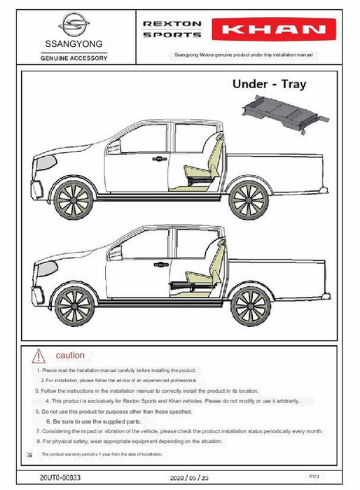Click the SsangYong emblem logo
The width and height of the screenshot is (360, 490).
click(74, 24)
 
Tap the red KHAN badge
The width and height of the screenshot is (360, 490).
click(274, 29)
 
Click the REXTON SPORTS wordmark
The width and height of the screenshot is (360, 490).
click(172, 29)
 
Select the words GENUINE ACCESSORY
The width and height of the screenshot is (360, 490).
click(74, 58)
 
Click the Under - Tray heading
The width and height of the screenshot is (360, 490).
click(269, 84)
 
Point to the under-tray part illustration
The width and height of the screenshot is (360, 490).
click(285, 113)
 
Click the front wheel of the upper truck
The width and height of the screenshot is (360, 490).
click(74, 199)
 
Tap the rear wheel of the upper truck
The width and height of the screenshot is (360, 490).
click(249, 199)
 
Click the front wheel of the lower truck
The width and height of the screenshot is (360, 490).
click(74, 307)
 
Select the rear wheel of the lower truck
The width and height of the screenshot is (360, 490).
click(251, 307)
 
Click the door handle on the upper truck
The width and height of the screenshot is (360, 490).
click(160, 159)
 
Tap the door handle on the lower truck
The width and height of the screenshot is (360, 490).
click(161, 265)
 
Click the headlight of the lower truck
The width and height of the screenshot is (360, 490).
click(47, 269)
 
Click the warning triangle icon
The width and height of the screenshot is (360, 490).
click(39, 356)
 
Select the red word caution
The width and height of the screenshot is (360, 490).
click(70, 356)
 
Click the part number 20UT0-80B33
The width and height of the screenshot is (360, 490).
click(60, 477)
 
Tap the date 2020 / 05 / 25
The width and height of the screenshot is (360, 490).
click(189, 478)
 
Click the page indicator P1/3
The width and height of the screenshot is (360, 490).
click(314, 477)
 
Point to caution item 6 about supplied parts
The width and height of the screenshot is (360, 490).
click(94, 421)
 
